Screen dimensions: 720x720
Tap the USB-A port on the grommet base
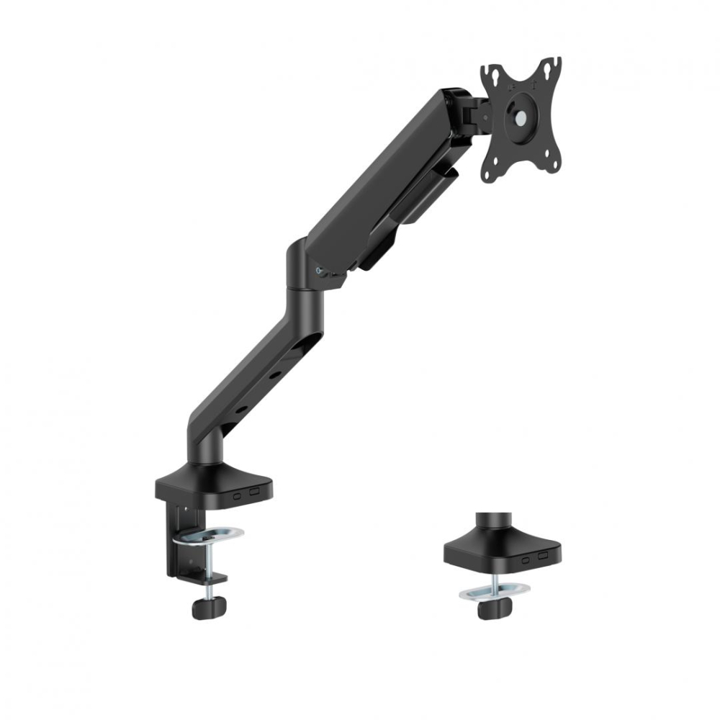(543, 556)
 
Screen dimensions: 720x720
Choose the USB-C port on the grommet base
(526, 559)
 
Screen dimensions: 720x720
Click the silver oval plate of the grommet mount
(494, 591)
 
